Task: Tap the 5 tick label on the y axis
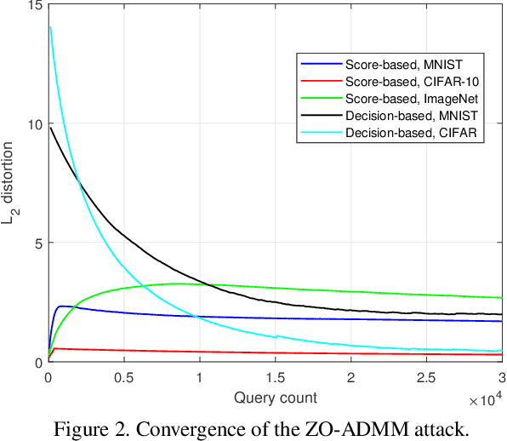pos(37,243)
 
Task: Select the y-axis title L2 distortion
pos(12,183)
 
